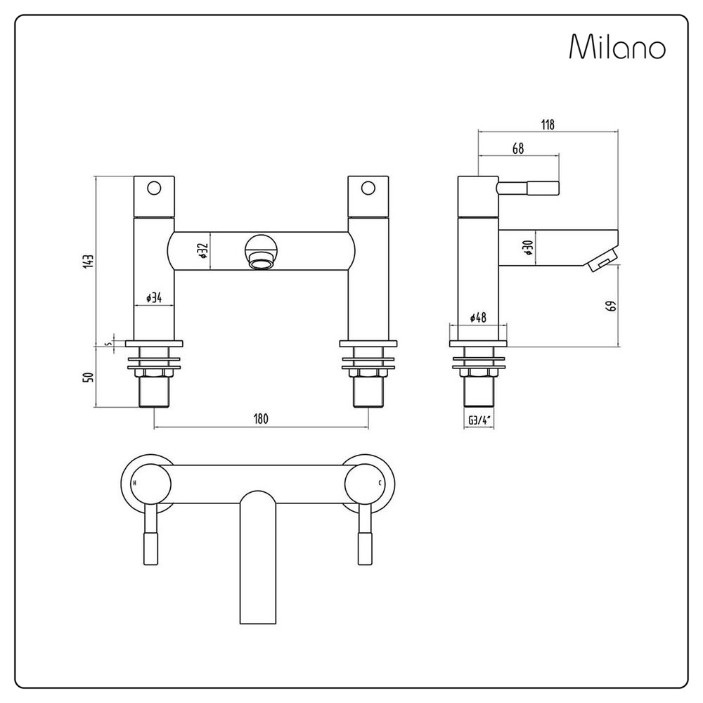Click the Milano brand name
pos(617,48)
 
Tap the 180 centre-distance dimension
pos(260,419)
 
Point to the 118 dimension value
pos(548,124)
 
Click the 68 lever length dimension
pos(518,148)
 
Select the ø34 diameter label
pos(154,298)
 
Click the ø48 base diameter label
pos(478,318)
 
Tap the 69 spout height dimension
pos(611,306)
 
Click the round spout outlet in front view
pos(260,253)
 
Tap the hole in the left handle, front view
pos(154,188)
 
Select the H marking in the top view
pos(134,484)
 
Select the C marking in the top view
pos(380,484)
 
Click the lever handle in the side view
pos(529,188)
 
